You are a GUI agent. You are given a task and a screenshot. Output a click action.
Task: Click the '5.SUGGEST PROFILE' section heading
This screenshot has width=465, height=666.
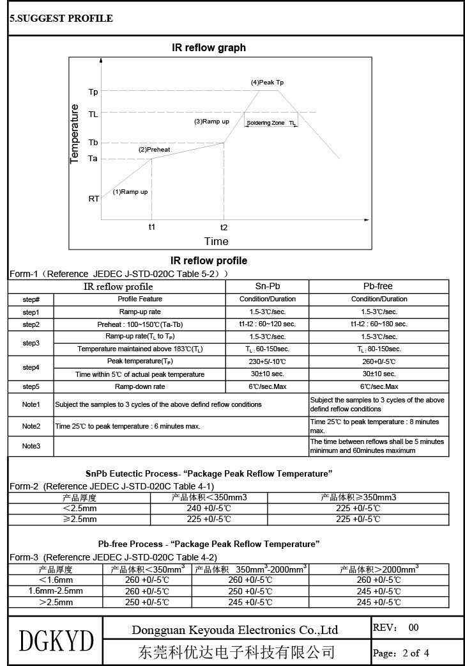tap(61, 19)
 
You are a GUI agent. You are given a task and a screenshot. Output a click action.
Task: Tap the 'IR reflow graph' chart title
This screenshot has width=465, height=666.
tap(209, 48)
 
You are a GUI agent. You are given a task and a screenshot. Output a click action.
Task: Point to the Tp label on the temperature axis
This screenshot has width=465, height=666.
tap(93, 92)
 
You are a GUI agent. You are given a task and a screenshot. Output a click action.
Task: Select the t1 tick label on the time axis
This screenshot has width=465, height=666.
tap(152, 227)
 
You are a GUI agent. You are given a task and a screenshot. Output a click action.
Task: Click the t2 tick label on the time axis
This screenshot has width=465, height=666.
tap(224, 227)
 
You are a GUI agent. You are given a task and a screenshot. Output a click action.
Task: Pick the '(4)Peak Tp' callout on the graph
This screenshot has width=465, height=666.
tap(267, 83)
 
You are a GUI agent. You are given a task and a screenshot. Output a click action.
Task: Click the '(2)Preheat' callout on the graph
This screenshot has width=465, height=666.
tap(155, 150)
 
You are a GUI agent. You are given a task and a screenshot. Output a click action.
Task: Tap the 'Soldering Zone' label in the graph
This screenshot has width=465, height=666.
tap(266, 122)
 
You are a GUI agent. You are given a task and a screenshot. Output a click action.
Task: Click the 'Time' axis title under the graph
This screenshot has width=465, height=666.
tap(216, 241)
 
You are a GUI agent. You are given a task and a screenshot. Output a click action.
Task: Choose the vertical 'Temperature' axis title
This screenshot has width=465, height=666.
tap(75, 134)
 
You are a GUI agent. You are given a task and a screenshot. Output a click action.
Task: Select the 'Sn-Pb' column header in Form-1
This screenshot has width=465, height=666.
tap(268, 286)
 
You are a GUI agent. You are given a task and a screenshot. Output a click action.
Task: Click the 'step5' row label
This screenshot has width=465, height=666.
tap(31, 386)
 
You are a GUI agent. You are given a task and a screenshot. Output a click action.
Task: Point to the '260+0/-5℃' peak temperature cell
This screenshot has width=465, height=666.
tap(379, 361)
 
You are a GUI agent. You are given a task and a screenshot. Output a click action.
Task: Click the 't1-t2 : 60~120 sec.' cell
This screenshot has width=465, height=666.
tap(268, 324)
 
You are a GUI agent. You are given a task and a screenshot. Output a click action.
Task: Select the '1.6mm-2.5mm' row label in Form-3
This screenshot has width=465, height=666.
tap(56, 591)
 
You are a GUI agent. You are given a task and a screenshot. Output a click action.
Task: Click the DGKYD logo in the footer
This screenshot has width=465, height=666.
tap(56, 640)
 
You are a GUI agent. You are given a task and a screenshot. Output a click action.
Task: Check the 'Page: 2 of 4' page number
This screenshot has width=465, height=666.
tap(401, 653)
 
